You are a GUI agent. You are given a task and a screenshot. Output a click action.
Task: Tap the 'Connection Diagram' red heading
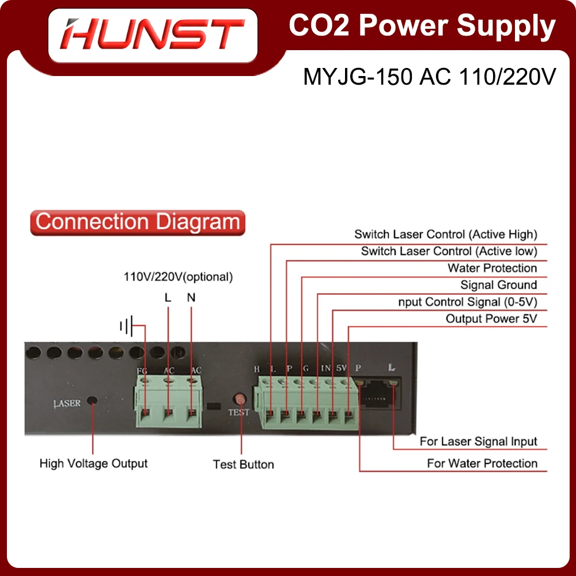coord(138,222)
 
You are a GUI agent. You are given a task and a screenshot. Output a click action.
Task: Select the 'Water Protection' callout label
coord(492,268)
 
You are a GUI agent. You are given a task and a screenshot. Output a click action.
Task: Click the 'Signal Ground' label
coord(498,285)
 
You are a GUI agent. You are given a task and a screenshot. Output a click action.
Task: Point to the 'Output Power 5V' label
coord(491,319)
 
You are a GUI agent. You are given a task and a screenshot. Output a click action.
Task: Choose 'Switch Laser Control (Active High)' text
coord(445,234)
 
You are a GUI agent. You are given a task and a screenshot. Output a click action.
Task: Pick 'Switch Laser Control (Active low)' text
coord(449,251)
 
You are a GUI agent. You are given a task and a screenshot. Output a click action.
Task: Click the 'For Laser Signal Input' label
coord(478,442)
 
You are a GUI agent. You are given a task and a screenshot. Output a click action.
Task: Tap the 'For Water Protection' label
coord(482,463)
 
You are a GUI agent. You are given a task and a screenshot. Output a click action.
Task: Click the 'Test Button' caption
coord(243,464)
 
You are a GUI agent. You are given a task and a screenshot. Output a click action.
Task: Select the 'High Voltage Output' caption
coord(93,463)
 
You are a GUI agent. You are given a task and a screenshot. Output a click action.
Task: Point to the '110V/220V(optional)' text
coord(179,277)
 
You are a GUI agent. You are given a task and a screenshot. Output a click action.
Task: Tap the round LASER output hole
coord(91,401)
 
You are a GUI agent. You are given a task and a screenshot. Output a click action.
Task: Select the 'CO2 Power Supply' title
coord(422,26)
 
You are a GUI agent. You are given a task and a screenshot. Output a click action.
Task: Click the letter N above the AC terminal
coord(191,298)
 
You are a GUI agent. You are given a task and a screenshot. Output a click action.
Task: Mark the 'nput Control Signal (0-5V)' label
coord(467,302)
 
